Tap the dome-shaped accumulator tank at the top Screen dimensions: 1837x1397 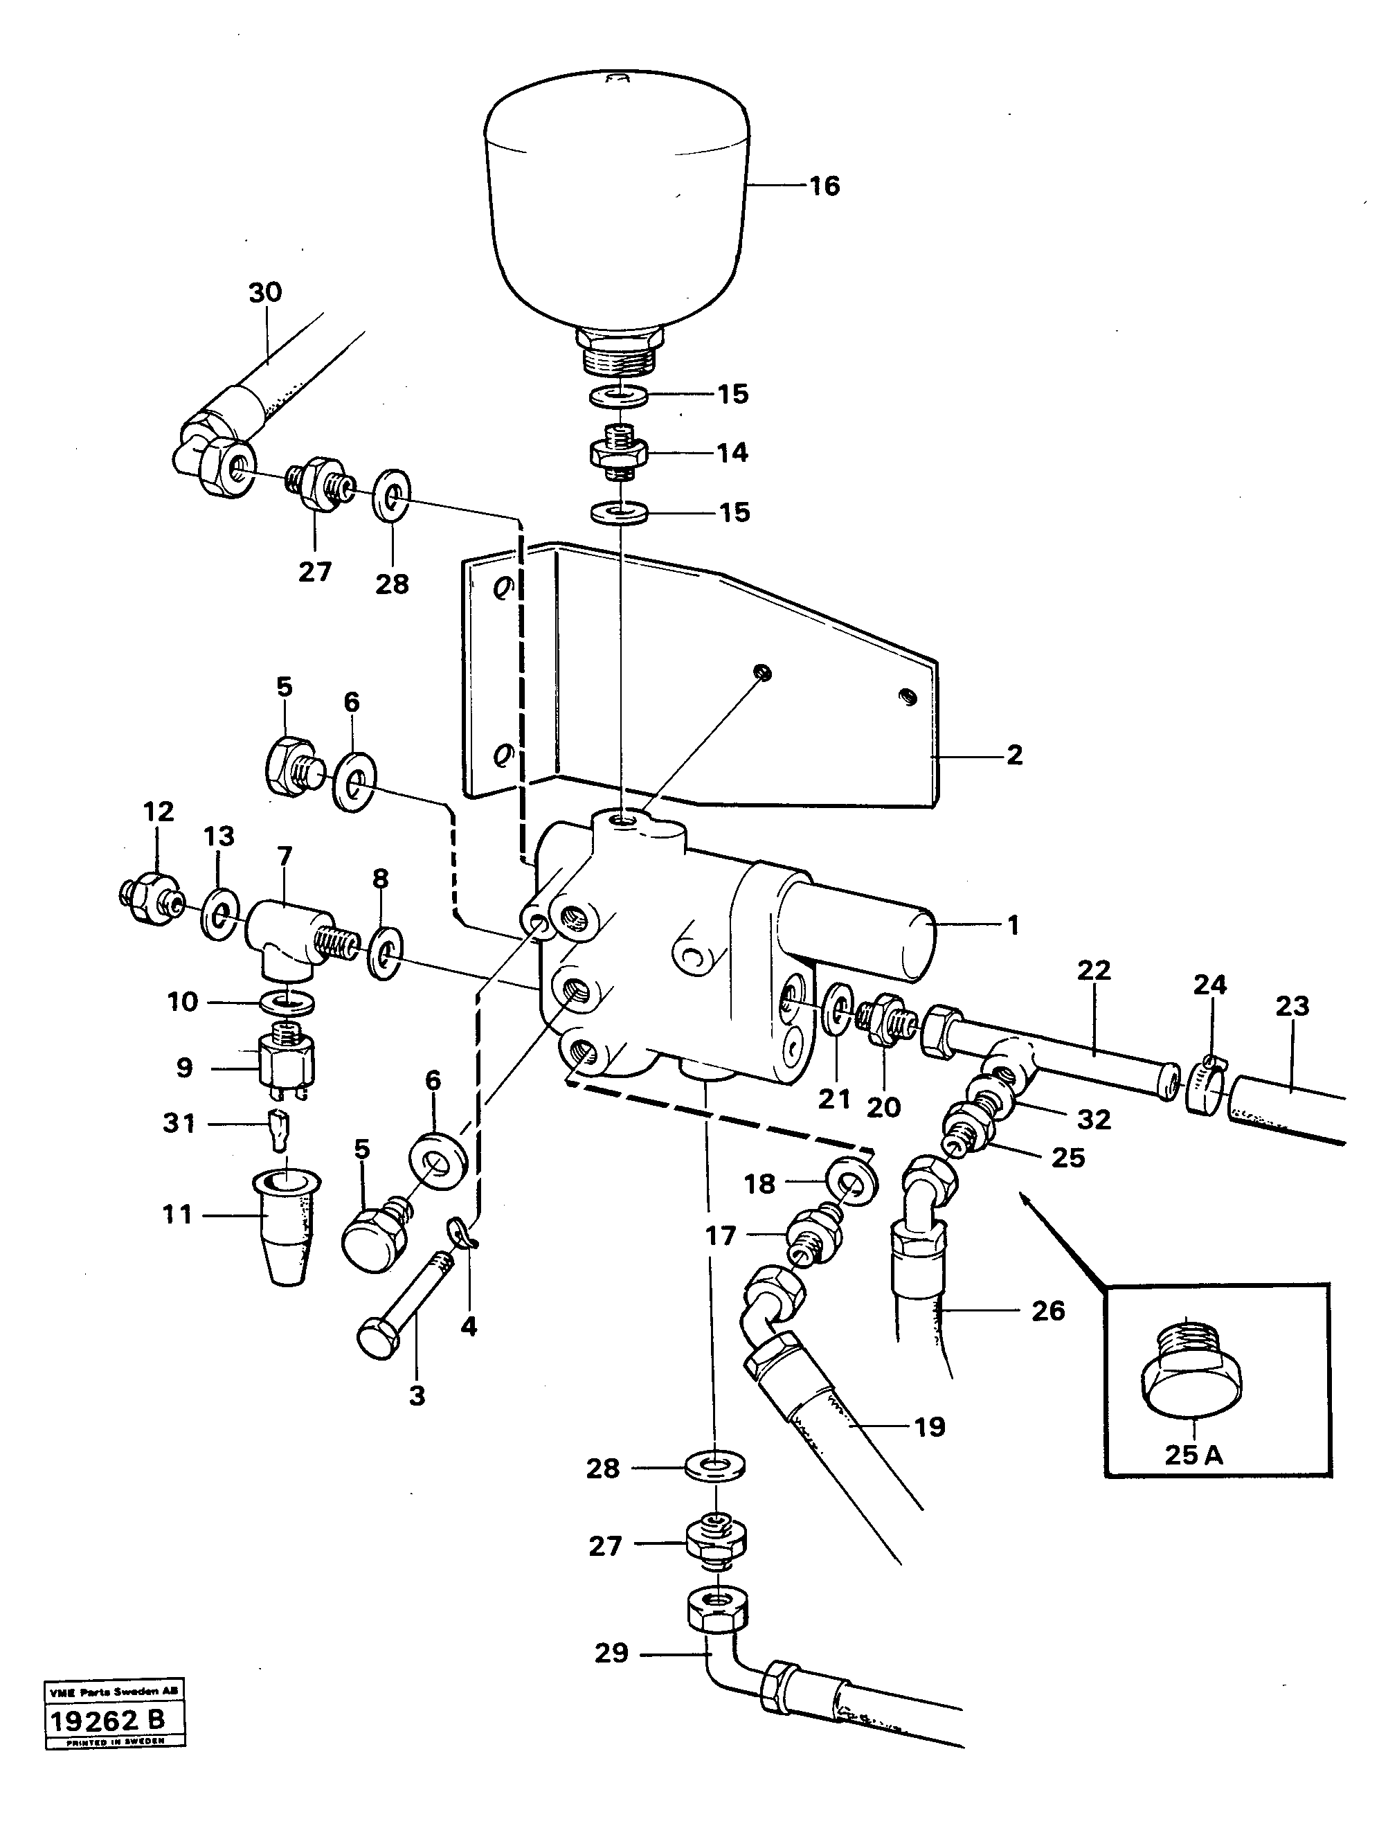pyautogui.click(x=617, y=216)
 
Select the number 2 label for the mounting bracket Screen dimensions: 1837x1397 pyautogui.click(x=1014, y=755)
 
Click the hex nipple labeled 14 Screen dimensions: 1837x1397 pyautogui.click(x=616, y=454)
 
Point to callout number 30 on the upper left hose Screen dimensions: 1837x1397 pyautogui.click(x=265, y=292)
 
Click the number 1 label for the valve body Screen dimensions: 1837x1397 pyautogui.click(x=1013, y=925)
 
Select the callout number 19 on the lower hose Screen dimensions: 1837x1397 pyautogui.click(x=930, y=1427)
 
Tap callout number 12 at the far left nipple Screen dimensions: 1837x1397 pyautogui.click(x=158, y=812)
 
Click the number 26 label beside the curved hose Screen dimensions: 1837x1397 pyautogui.click(x=1048, y=1311)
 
